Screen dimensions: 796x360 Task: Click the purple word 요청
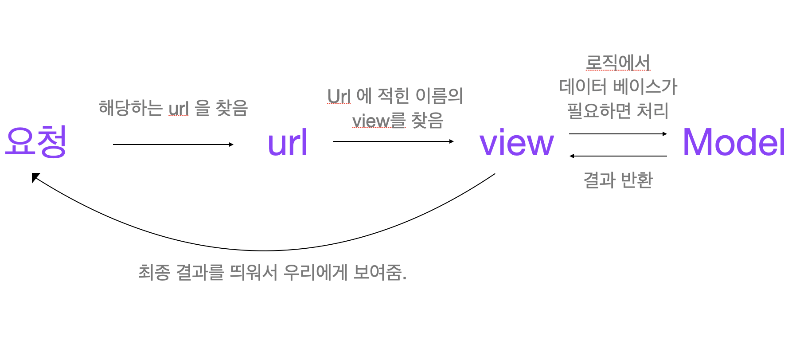pyautogui.click(x=36, y=141)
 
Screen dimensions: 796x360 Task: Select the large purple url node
pyautogui.click(x=287, y=143)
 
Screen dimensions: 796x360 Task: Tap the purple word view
pyautogui.click(x=517, y=143)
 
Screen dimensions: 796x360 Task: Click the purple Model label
pyautogui.click(x=734, y=142)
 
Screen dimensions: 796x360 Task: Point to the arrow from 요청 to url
pyautogui.click(x=173, y=145)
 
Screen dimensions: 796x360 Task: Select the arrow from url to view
pyautogui.click(x=393, y=141)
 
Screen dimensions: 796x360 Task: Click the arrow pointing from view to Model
pyautogui.click(x=618, y=133)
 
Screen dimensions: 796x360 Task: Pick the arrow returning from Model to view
pyautogui.click(x=618, y=156)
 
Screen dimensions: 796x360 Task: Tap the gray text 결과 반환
pyautogui.click(x=618, y=180)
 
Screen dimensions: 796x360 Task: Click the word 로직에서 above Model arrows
pyautogui.click(x=618, y=63)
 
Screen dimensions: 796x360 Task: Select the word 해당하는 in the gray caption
pyautogui.click(x=130, y=108)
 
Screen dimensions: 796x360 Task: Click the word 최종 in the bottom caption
pyautogui.click(x=154, y=272)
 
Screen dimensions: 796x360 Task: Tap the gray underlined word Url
pyautogui.click(x=339, y=96)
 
